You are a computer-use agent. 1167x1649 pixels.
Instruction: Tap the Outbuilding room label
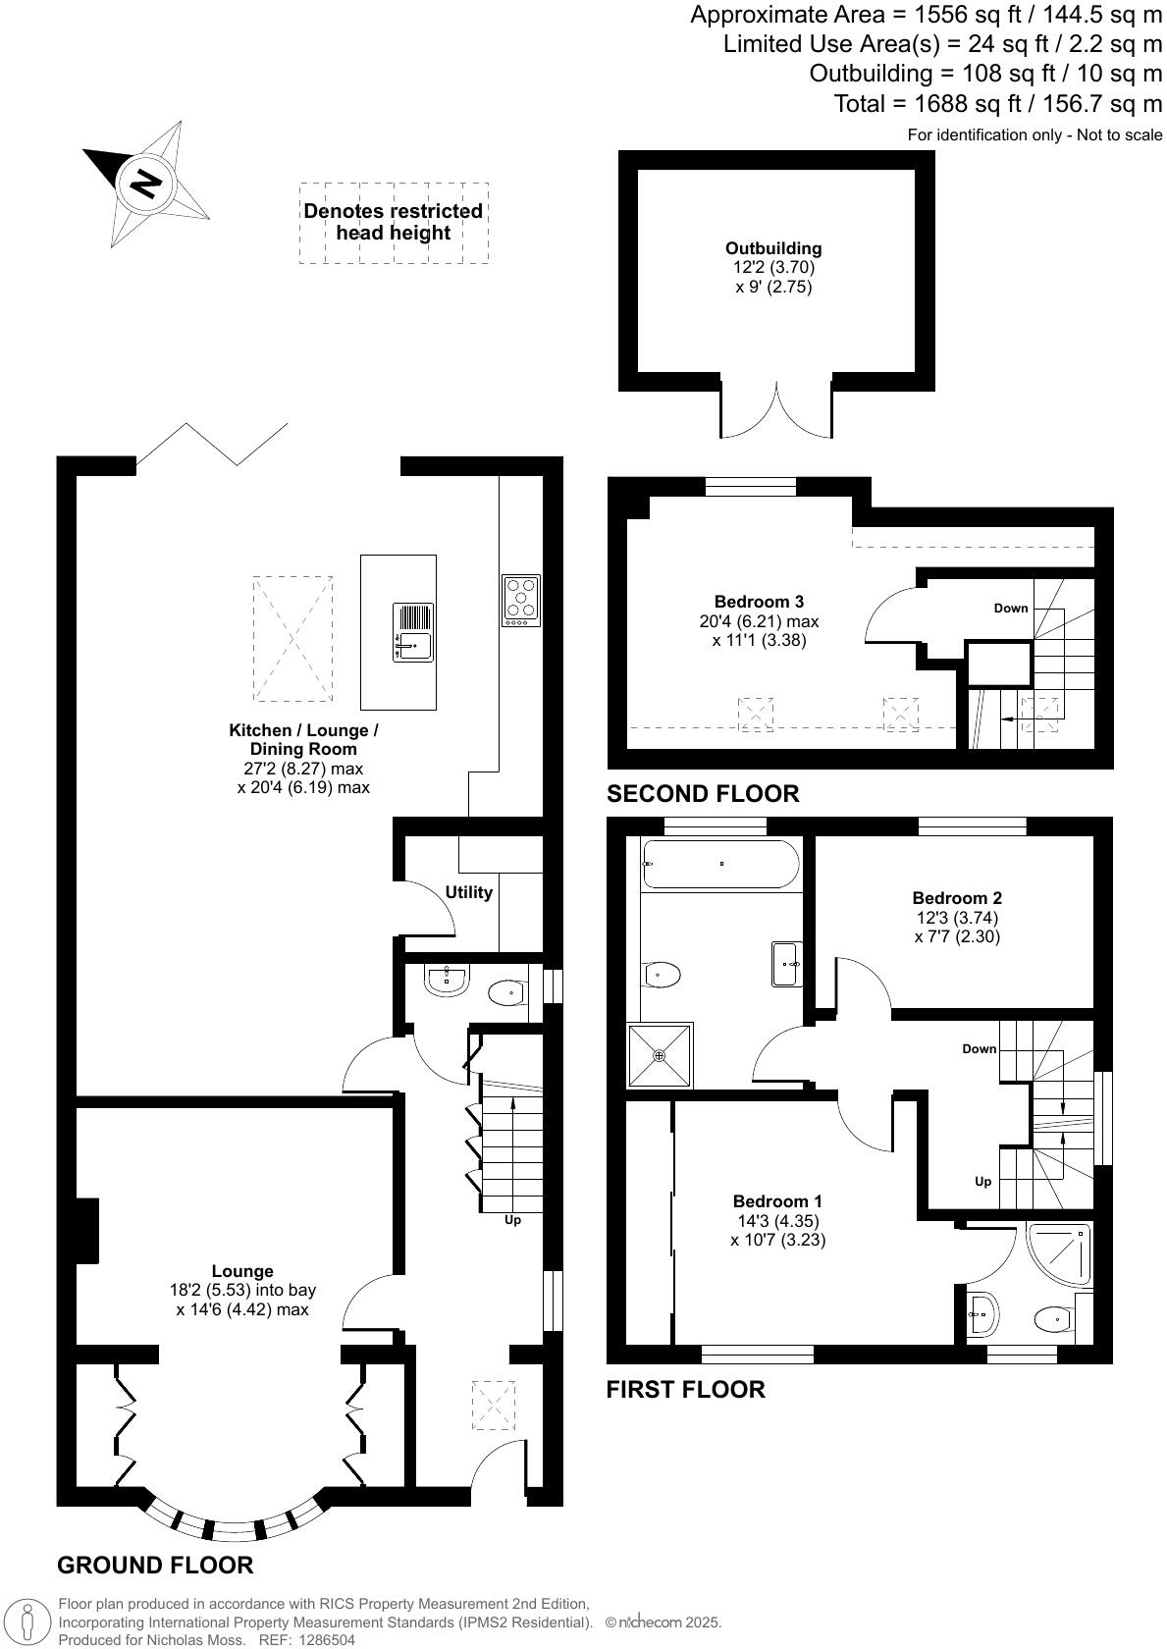click(x=773, y=248)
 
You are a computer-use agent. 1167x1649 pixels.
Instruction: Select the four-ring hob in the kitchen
click(x=521, y=601)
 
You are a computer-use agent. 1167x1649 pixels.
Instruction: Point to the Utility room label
click(x=468, y=892)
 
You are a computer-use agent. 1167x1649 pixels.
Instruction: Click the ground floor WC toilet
click(x=506, y=993)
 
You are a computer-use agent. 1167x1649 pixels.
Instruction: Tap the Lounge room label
click(x=242, y=1271)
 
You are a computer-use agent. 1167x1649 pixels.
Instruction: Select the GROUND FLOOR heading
click(x=155, y=1565)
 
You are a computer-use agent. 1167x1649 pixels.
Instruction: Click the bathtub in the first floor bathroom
click(x=720, y=864)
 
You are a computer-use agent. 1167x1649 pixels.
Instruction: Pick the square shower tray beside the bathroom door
click(x=660, y=1055)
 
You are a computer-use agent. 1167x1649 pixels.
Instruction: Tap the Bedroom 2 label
click(x=957, y=897)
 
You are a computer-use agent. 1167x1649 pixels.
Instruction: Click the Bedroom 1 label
click(x=777, y=1201)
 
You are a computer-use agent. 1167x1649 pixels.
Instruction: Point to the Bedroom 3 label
click(x=759, y=602)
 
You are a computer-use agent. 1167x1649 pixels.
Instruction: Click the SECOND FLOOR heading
click(x=703, y=793)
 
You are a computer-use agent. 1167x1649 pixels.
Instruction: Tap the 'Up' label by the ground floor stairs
click(x=512, y=1220)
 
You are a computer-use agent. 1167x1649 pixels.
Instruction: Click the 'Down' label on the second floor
click(x=1011, y=608)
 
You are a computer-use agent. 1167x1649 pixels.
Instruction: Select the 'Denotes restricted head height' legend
click(x=394, y=222)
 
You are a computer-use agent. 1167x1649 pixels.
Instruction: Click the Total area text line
click(x=996, y=103)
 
